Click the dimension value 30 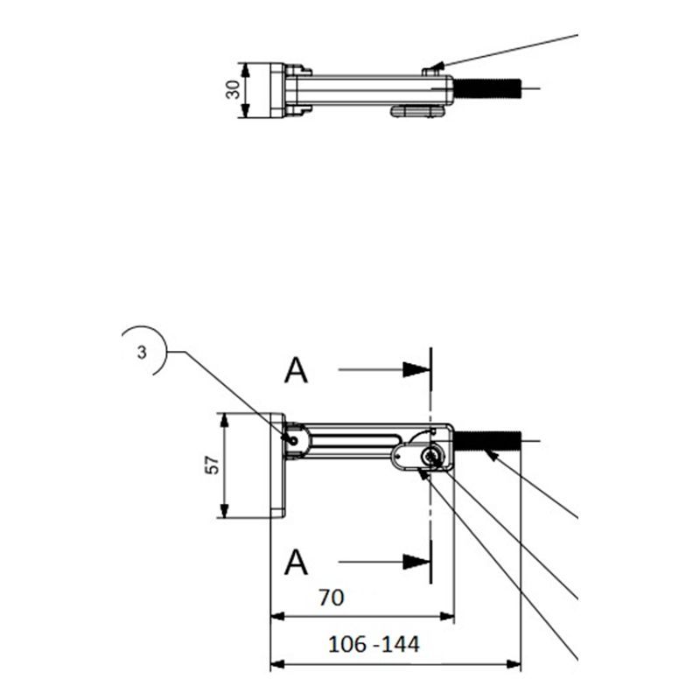pyautogui.click(x=233, y=89)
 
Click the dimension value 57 pyautogui.click(x=213, y=465)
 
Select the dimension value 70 pyautogui.click(x=332, y=598)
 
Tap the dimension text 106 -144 pyautogui.click(x=374, y=644)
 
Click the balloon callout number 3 pyautogui.click(x=142, y=353)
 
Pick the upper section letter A pyautogui.click(x=296, y=370)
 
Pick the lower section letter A pyautogui.click(x=296, y=563)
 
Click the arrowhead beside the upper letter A pyautogui.click(x=416, y=369)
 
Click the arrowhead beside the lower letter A pyautogui.click(x=416, y=562)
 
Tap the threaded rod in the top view pyautogui.click(x=487, y=88)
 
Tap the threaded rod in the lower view pyautogui.click(x=487, y=441)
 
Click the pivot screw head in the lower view pyautogui.click(x=431, y=456)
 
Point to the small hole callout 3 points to pyautogui.click(x=293, y=441)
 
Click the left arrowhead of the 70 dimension pyautogui.click(x=277, y=617)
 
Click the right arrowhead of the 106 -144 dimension pyautogui.click(x=514, y=664)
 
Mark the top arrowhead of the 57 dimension pyautogui.click(x=225, y=421)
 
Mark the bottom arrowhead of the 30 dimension pyautogui.click(x=245, y=110)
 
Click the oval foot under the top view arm pyautogui.click(x=417, y=111)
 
